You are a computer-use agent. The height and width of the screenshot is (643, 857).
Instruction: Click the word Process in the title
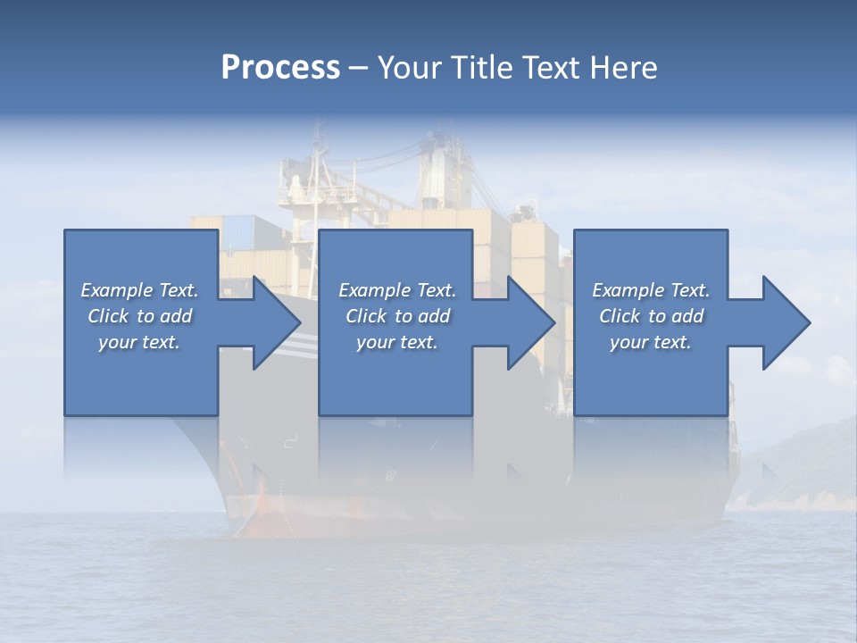click(x=280, y=68)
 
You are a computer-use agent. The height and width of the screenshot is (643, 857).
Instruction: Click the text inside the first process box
click(x=139, y=316)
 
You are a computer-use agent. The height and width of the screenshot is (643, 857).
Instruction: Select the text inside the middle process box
click(x=397, y=316)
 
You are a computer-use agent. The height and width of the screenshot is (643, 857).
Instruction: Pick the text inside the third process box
click(x=651, y=316)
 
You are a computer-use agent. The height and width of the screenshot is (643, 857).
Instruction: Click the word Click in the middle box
click(x=366, y=316)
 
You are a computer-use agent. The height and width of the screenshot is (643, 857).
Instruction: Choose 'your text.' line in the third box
click(x=651, y=342)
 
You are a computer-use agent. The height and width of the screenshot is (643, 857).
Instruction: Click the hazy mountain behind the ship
click(x=803, y=455)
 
